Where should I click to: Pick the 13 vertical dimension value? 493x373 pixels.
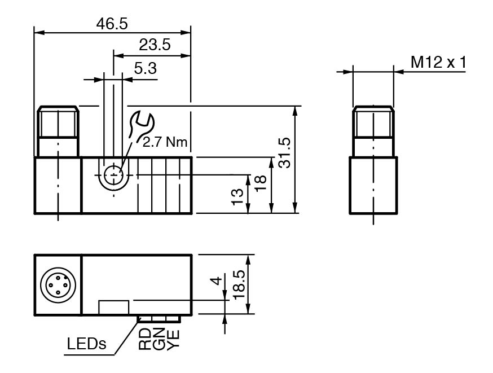(x=239, y=195)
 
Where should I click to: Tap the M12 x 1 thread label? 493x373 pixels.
(x=438, y=62)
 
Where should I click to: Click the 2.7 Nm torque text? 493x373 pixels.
(x=165, y=142)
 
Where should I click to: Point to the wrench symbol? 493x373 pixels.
(x=140, y=126)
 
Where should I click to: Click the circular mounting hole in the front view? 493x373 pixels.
(x=114, y=175)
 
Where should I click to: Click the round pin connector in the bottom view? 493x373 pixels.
(x=58, y=284)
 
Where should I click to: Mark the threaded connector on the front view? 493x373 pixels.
(x=58, y=131)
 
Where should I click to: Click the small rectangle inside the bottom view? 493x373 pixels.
(x=114, y=307)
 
